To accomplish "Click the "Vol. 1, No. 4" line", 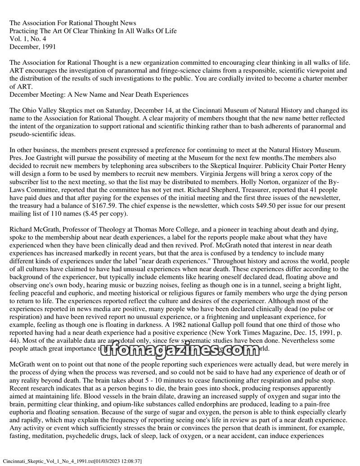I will [29, 38].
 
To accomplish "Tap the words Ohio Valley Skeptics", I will [52, 110].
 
